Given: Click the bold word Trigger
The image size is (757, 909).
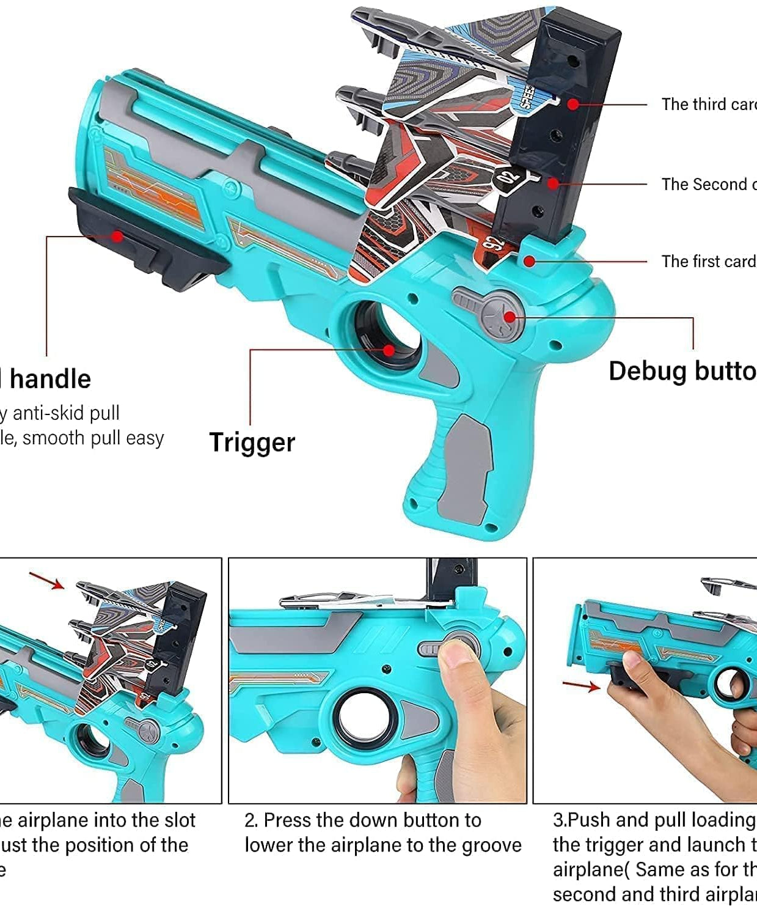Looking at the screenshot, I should coord(252,442).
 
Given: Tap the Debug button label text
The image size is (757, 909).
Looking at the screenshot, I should coord(682,371).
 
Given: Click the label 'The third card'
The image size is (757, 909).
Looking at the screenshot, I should coord(709,105).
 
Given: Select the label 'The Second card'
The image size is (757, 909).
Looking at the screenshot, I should coord(709,184).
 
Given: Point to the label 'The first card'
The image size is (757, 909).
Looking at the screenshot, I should coord(709,262).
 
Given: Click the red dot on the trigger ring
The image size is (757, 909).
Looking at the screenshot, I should coord(389,350).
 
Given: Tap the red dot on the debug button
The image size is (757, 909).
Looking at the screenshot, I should coord(510,317).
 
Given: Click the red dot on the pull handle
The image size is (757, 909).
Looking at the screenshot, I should coord(116,236).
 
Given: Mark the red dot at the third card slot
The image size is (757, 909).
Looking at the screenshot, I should coord(572,105).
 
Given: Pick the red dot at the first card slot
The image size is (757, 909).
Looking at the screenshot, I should coord(530,262).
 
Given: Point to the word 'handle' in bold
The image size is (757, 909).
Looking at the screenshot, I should coord(50,379).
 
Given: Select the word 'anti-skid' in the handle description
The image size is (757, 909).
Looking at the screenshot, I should coord(49,413).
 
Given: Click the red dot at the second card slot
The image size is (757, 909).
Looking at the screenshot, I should coord(552,183).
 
